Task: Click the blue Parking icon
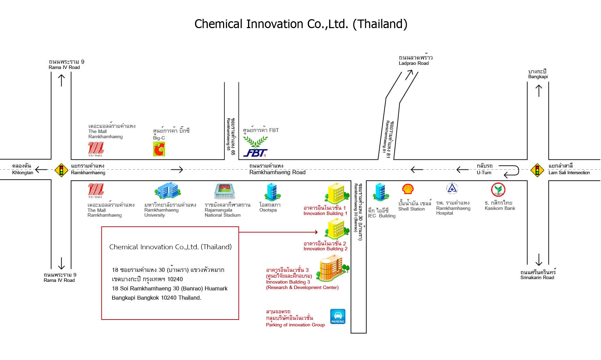tap(338, 316)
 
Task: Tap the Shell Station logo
tap(408, 189)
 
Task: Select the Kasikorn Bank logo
tap(498, 190)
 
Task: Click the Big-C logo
tap(159, 149)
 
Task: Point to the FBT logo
tap(256, 147)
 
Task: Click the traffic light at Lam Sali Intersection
tap(537, 170)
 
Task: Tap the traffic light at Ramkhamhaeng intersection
tap(61, 170)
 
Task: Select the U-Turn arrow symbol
tap(510, 170)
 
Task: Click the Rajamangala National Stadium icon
tap(224, 191)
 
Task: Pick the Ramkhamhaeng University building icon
tap(168, 190)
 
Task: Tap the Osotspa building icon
tap(273, 192)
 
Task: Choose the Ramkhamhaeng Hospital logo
tap(452, 189)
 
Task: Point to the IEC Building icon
tap(381, 192)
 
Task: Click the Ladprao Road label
tap(414, 63)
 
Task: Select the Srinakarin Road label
tap(537, 277)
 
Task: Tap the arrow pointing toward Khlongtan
tap(41, 169)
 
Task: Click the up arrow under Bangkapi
tap(539, 91)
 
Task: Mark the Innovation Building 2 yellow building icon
tap(335, 229)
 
